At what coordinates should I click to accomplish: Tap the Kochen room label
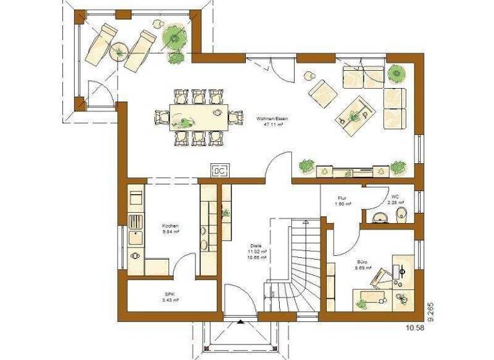click(170, 226)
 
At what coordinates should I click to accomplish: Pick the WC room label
click(395, 198)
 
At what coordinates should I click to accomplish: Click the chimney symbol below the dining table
click(219, 171)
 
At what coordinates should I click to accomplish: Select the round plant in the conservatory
click(173, 36)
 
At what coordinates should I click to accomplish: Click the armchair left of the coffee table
click(321, 93)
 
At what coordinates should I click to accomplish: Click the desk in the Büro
click(370, 298)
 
